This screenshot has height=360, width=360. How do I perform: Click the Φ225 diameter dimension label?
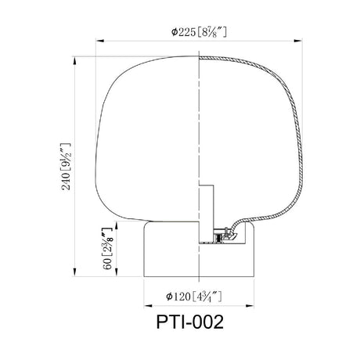[x=199, y=32]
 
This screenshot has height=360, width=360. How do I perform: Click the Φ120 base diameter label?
[x=194, y=297]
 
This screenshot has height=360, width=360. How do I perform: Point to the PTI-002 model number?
[x=190, y=322]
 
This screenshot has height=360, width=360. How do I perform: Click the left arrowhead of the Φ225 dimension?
[x=100, y=41]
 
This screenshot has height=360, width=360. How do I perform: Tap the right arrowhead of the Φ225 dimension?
[x=298, y=41]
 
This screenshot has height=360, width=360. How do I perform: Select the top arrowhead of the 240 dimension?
[x=75, y=60]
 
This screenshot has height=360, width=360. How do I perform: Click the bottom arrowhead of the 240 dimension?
[x=75, y=272]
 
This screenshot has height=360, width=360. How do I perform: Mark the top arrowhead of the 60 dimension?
[x=117, y=226]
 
